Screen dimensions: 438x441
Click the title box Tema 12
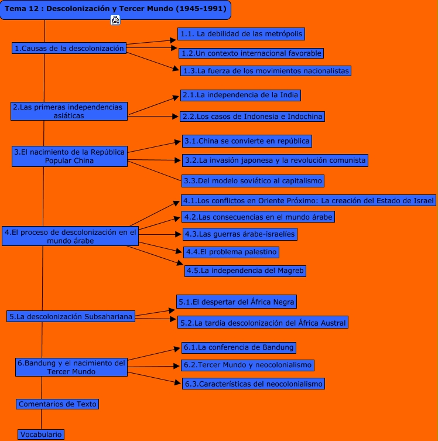pos(115,9)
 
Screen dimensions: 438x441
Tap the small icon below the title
pos(115,20)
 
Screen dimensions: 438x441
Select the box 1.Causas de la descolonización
pos(70,49)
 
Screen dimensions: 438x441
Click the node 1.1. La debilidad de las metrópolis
pos(241,34)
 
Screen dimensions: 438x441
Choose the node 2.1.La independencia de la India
pos(241,94)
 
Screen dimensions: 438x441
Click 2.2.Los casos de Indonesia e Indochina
pos(252,117)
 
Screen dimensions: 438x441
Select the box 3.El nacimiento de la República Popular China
pos(70,156)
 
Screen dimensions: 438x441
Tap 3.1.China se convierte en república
pos(246,141)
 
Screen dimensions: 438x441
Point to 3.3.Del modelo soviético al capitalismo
pos(252,181)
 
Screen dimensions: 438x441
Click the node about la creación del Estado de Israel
pos(308,200)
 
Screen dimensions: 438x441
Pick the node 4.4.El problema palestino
pos(231,252)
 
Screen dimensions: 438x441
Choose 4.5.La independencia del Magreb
pos(245,271)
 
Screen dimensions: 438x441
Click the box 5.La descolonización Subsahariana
pos(70,317)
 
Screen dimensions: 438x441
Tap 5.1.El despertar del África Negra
pos(236,302)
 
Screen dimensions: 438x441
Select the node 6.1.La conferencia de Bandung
pos(238,347)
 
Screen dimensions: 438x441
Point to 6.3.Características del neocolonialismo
pos(252,384)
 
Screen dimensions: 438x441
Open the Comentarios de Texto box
pos(57,404)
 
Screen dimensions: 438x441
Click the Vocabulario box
pos(40,435)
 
